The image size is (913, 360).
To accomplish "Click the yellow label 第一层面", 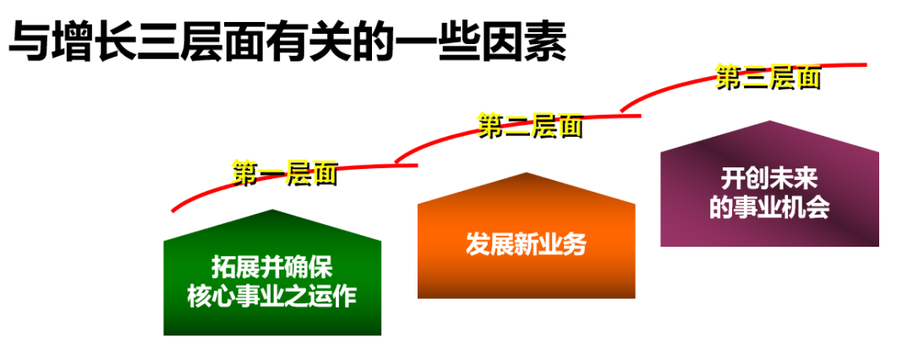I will pos(285,174).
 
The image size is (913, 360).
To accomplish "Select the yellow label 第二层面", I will pos(529,127).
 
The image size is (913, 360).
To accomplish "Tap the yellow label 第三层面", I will pos(768,78).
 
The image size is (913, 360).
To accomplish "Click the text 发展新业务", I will pos(526,244).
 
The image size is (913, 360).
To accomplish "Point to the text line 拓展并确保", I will pos(272,268).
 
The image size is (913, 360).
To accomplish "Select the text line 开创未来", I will pos(769,180).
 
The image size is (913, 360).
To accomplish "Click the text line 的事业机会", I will pos(769,208).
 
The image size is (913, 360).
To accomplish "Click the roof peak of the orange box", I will pos(527,176).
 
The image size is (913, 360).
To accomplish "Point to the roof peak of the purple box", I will pos(769,124).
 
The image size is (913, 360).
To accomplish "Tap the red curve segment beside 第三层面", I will pos(845,65).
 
